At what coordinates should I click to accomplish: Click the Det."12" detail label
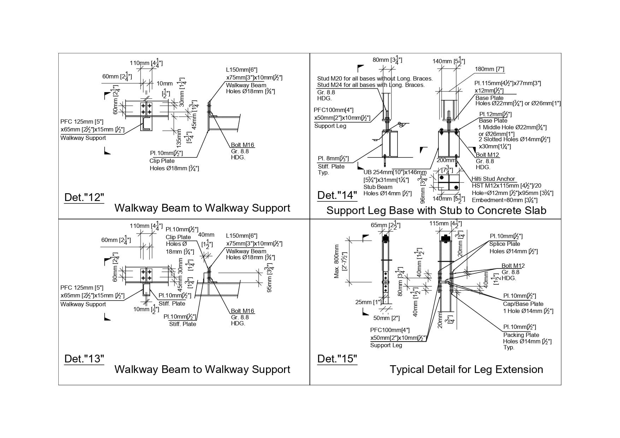pyautogui.click(x=84, y=197)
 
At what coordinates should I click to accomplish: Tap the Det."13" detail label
pyautogui.click(x=84, y=359)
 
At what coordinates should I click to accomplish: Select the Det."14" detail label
pyautogui.click(x=337, y=195)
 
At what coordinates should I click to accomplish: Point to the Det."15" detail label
pyautogui.click(x=337, y=359)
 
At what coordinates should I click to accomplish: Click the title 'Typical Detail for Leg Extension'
pyautogui.click(x=466, y=369)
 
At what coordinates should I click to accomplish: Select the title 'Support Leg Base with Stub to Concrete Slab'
pyautogui.click(x=436, y=211)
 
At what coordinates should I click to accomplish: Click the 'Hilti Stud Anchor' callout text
pyautogui.click(x=493, y=179)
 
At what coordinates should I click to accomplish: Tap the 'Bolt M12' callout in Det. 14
pyautogui.click(x=487, y=155)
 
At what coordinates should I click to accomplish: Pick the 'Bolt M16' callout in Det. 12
pyautogui.click(x=242, y=145)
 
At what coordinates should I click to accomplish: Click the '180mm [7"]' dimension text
pyautogui.click(x=489, y=69)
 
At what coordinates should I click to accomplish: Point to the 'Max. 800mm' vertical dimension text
pyautogui.click(x=337, y=261)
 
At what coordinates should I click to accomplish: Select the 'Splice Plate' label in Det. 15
pyautogui.click(x=504, y=244)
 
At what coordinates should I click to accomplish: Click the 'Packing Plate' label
pyautogui.click(x=521, y=335)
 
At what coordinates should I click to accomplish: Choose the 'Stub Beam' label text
pyautogui.click(x=378, y=187)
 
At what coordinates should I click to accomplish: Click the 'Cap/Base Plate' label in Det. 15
pyautogui.click(x=523, y=304)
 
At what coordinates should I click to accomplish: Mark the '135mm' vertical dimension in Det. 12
pyautogui.click(x=179, y=138)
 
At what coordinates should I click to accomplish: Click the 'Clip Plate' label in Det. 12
pyautogui.click(x=162, y=161)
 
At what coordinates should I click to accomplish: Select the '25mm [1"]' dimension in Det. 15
pyautogui.click(x=368, y=302)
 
